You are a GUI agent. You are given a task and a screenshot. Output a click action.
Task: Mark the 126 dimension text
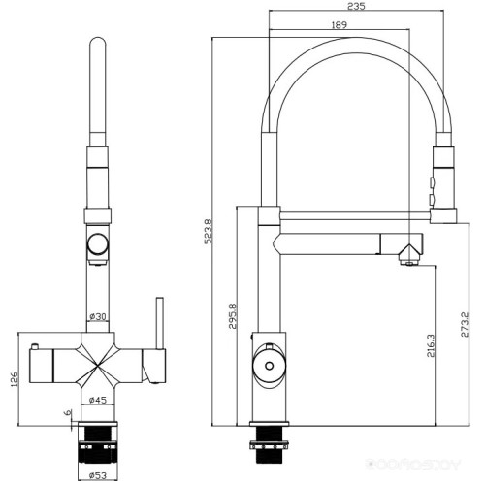(x=12, y=376)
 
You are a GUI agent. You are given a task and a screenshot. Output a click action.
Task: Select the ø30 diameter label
(x=97, y=316)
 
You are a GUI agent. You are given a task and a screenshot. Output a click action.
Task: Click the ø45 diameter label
(x=97, y=399)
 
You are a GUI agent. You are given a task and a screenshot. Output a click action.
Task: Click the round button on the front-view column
(x=97, y=243)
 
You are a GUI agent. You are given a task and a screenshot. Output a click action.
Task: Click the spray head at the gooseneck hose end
(x=443, y=178)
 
